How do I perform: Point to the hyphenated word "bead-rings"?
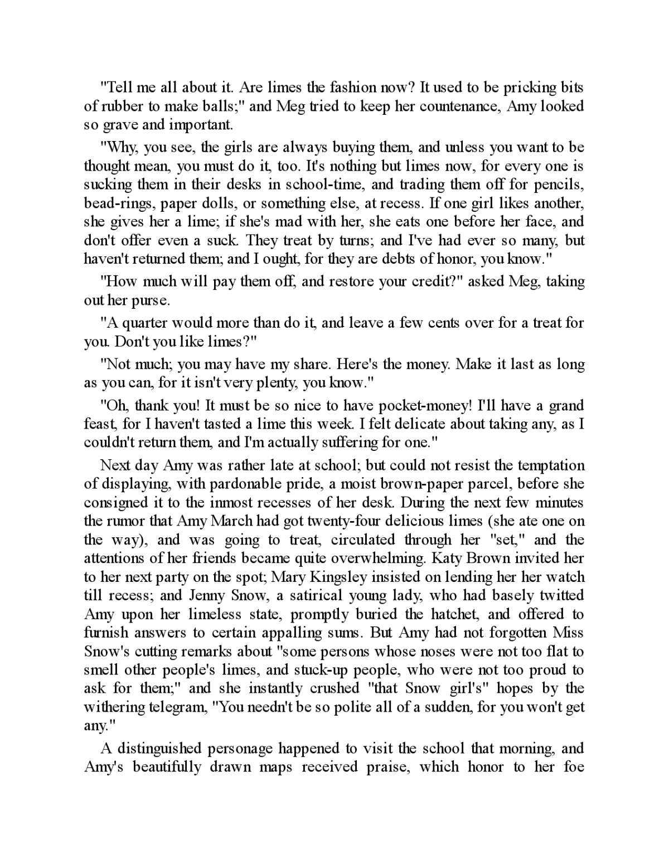pyautogui.click(x=112, y=203)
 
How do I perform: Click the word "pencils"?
pyautogui.click(x=559, y=184)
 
